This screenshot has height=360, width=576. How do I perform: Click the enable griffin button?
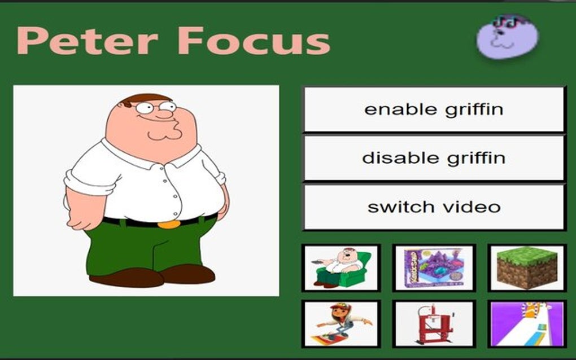pos(434,109)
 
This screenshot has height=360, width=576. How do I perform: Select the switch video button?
pos(434,207)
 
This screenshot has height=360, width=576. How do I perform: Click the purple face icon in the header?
pos(506,37)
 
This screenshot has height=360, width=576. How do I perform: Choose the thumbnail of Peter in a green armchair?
pos(341,267)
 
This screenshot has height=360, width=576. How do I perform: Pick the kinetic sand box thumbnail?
pos(434,267)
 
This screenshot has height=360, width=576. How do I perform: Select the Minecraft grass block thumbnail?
pos(526,267)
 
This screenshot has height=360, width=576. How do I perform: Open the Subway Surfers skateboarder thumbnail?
pos(341,323)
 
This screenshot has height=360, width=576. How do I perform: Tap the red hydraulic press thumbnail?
pos(434,323)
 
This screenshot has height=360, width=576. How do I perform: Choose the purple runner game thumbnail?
pos(526,323)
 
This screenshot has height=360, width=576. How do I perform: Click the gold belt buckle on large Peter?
pos(169,224)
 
